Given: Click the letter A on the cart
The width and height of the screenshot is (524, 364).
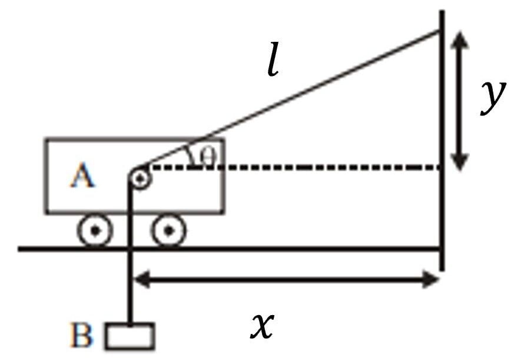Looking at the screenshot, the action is coord(82,175).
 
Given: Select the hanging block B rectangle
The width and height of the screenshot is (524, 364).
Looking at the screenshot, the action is coord(130,336).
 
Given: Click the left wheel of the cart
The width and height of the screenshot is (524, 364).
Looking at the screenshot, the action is coord(95,232).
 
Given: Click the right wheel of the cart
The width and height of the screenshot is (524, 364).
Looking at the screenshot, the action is coord(169,231).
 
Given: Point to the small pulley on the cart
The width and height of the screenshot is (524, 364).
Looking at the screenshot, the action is coord(139,178).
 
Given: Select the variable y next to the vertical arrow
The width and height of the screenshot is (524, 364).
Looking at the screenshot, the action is coord(492,97).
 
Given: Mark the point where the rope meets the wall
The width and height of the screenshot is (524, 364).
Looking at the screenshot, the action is coord(441,31).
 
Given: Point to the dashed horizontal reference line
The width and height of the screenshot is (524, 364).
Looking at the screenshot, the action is coord(294,168).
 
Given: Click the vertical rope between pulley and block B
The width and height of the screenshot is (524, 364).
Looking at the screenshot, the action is coord(130,265).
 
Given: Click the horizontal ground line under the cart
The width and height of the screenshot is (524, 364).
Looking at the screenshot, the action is coord(236,249).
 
